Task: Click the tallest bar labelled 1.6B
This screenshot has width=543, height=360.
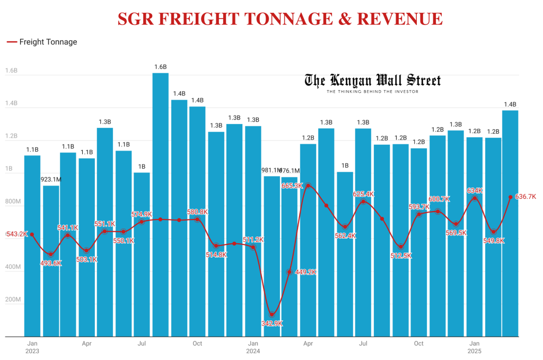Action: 161,204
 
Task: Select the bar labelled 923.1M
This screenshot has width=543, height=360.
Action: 51,260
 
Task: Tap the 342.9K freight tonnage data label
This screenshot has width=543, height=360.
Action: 272,323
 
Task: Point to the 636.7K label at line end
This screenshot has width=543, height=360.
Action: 526,197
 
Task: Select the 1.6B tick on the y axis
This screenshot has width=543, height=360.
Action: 11,71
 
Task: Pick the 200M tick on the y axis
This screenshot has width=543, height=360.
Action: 12,300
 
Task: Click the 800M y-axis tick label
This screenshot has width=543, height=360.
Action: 12,202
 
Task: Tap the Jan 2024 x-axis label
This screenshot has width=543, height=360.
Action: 253,347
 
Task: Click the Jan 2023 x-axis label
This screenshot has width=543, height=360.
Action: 32,347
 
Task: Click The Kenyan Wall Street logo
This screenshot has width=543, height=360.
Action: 372,81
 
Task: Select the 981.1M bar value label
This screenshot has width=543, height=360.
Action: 271,170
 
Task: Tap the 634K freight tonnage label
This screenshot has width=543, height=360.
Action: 475,190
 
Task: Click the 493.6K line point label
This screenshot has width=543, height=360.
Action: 51,263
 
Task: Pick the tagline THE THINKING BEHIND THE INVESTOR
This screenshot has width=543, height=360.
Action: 372,92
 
